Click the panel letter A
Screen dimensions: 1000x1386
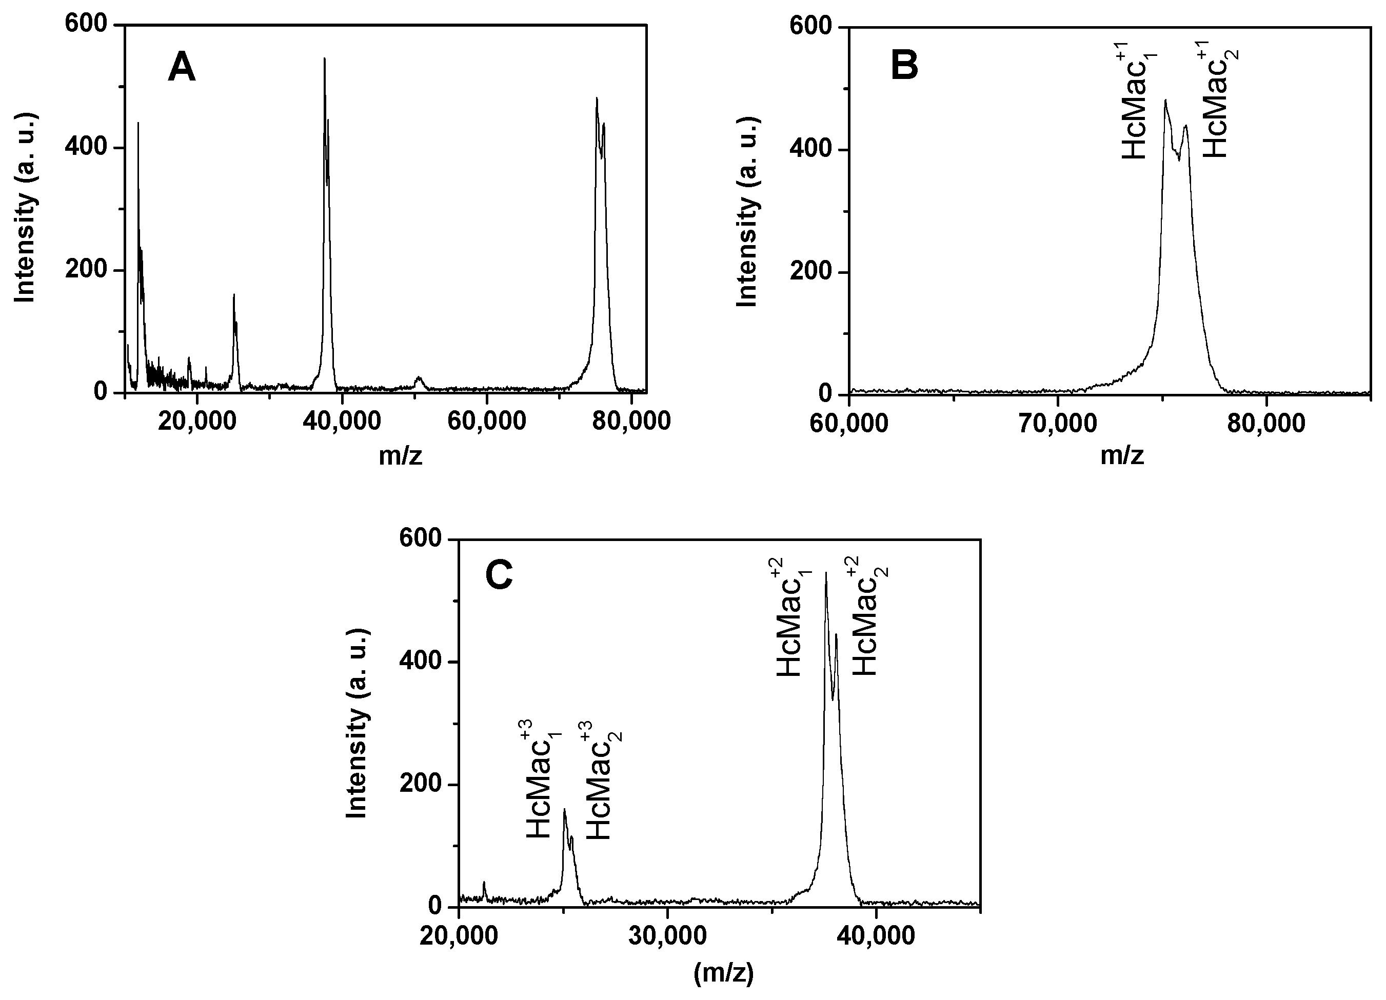182,67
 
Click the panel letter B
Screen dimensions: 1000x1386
904,65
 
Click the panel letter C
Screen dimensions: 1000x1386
499,575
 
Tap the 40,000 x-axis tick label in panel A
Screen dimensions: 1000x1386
342,422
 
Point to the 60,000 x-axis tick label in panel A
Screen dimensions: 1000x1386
486,422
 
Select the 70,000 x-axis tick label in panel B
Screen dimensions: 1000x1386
1057,424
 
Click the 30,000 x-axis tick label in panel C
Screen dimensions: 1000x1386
667,936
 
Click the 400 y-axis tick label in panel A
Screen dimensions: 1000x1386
85,147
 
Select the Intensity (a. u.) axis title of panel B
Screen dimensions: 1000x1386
747,211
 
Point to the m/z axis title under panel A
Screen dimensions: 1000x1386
400,456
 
